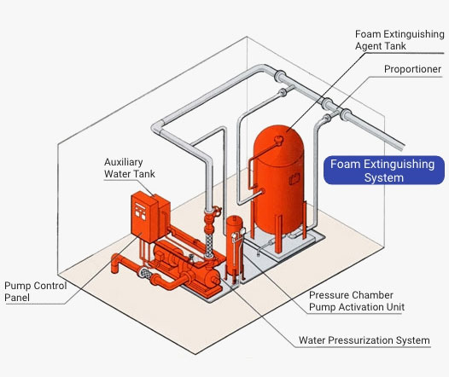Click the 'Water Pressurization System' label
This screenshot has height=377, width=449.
tap(364, 341)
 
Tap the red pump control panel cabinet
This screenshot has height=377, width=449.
tap(147, 217)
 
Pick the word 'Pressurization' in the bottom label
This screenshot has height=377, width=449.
tap(365, 341)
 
